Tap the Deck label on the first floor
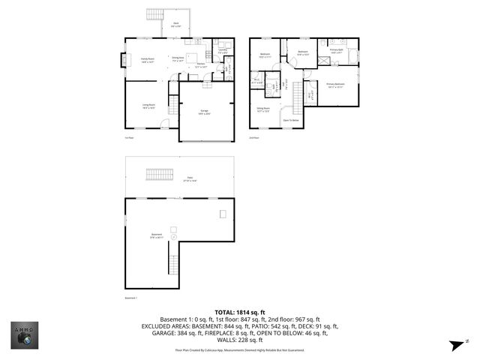point(175,24)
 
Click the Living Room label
point(149,106)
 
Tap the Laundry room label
point(222,52)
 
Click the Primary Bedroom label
point(335,85)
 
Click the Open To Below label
point(290,120)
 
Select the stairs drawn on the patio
point(159,175)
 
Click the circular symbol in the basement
point(173,237)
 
